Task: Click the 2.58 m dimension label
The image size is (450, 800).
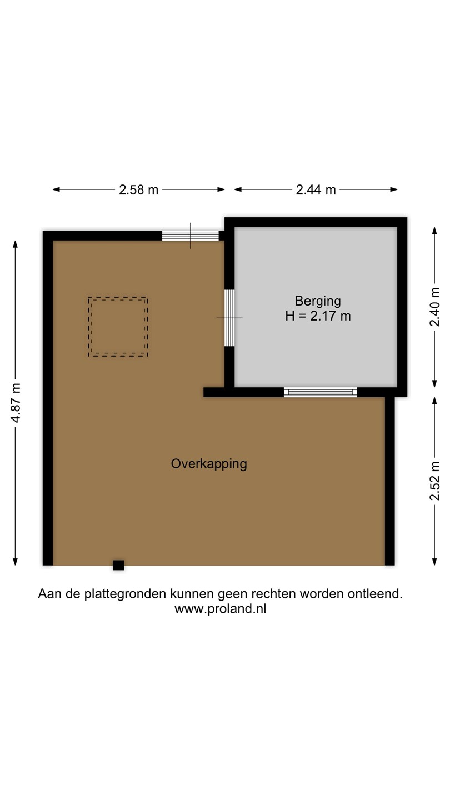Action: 138,189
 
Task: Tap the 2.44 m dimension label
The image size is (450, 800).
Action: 316,189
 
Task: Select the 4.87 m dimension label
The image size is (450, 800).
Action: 16,403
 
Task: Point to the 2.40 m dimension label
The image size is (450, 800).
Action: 434,307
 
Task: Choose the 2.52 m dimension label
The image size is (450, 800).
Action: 434,481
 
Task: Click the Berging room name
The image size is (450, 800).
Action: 318,301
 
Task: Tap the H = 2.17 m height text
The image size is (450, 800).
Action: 318,316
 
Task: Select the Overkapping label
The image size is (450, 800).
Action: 209,464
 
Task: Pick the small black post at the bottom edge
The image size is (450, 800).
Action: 118,565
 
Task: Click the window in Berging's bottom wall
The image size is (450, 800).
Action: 321,392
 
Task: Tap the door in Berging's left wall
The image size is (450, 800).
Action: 229,318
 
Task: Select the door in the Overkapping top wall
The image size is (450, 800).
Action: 191,236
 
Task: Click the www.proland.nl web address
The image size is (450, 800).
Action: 221,608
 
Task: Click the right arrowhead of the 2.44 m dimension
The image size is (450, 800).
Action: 394,189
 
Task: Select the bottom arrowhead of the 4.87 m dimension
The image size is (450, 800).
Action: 16,562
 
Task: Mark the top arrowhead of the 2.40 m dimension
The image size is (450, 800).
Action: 434,231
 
